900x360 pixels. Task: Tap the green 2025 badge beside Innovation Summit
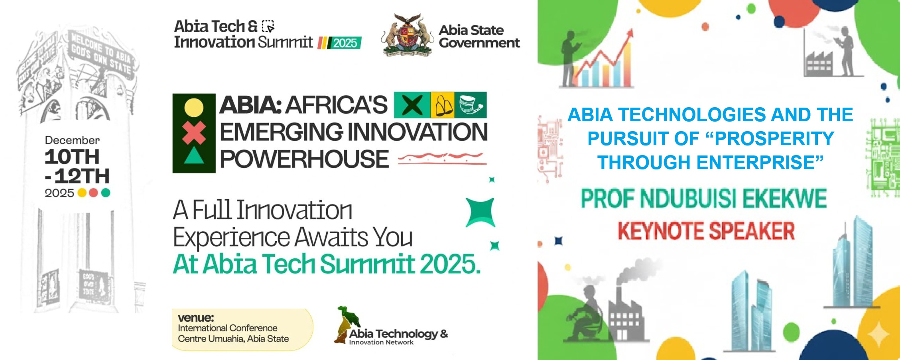[x=345, y=43]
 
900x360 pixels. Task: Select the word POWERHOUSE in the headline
[x=304, y=159]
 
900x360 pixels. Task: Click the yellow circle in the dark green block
[x=194, y=108]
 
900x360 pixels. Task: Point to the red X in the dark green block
[x=194, y=133]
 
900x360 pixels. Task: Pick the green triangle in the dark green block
[x=194, y=156]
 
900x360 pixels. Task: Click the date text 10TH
[x=72, y=157]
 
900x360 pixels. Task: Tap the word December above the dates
[x=72, y=140]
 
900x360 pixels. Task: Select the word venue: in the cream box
[x=196, y=318]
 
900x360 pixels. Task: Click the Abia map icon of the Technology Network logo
[x=346, y=323]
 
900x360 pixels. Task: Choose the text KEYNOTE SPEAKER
[x=706, y=231]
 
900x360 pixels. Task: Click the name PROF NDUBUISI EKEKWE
[x=703, y=199]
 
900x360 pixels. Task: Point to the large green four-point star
[x=481, y=212]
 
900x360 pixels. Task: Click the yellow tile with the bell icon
[x=442, y=105]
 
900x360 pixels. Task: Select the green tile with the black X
[x=412, y=105]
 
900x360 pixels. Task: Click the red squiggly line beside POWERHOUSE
[x=442, y=158]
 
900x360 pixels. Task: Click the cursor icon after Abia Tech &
[x=268, y=26]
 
